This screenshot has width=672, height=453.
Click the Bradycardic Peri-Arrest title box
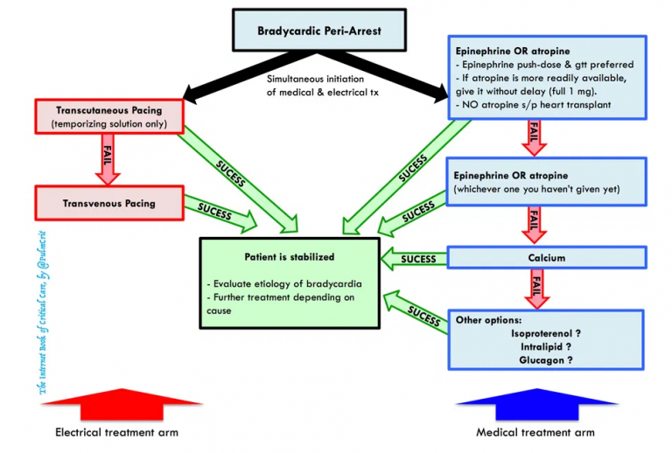coord(319,31)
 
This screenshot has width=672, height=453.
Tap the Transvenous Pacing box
coord(109,203)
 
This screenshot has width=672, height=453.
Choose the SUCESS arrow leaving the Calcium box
coord(415,259)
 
